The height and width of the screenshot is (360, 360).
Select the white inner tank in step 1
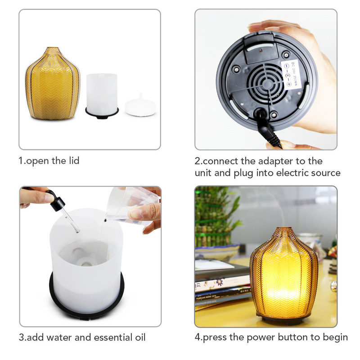102,93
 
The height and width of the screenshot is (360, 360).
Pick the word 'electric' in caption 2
294,172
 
